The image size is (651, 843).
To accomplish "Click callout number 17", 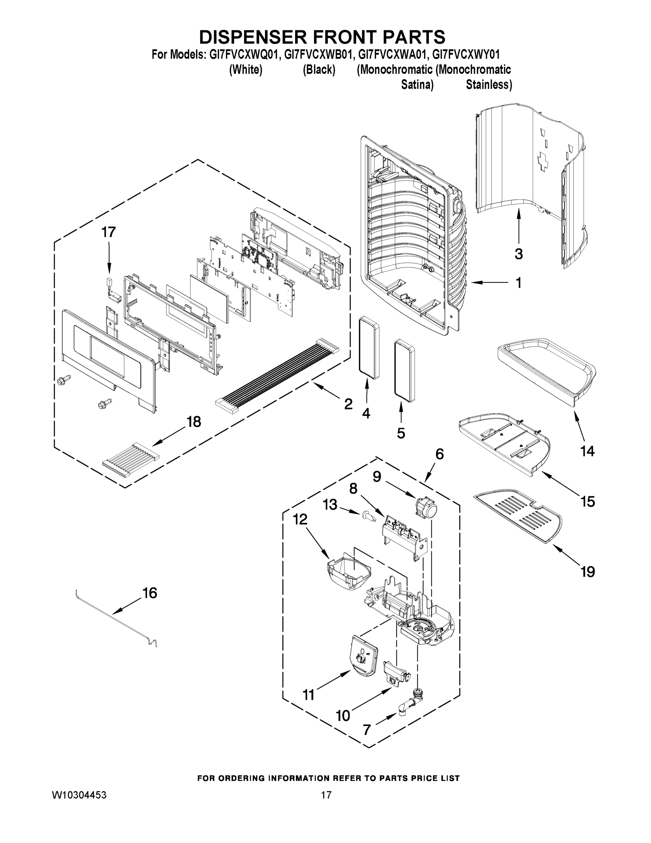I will point(108,233).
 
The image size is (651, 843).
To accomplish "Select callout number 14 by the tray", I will point(587,451).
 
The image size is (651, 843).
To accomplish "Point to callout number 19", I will point(588,571).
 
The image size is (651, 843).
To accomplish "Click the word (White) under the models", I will point(246,70).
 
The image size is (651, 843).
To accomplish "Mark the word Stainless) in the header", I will point(489,85).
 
